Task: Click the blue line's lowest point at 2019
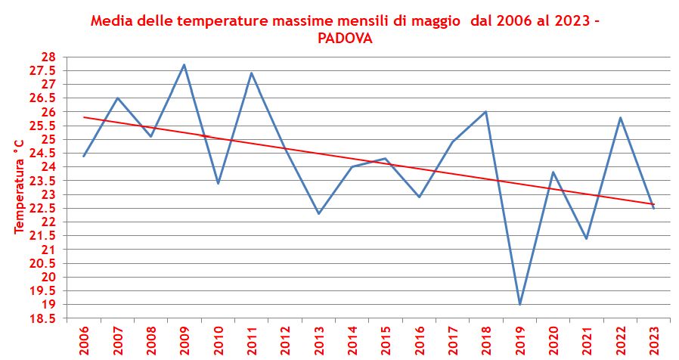[x=519, y=304]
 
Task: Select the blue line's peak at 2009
[x=184, y=65]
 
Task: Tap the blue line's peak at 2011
[x=251, y=73]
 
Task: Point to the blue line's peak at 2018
[x=485, y=112]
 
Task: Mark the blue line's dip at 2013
[x=318, y=213]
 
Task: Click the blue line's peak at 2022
[x=620, y=117]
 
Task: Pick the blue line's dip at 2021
[x=586, y=238]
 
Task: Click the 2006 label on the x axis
[x=84, y=340]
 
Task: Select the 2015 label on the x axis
[x=386, y=340]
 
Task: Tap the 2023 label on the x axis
[x=653, y=340]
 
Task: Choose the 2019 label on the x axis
[x=519, y=340]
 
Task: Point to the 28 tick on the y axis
[x=48, y=57]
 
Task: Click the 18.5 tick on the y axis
[x=42, y=318]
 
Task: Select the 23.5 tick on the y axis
[x=42, y=181]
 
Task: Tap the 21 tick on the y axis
[x=48, y=250]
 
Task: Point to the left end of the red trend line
[x=84, y=117]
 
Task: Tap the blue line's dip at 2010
[x=218, y=183]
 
